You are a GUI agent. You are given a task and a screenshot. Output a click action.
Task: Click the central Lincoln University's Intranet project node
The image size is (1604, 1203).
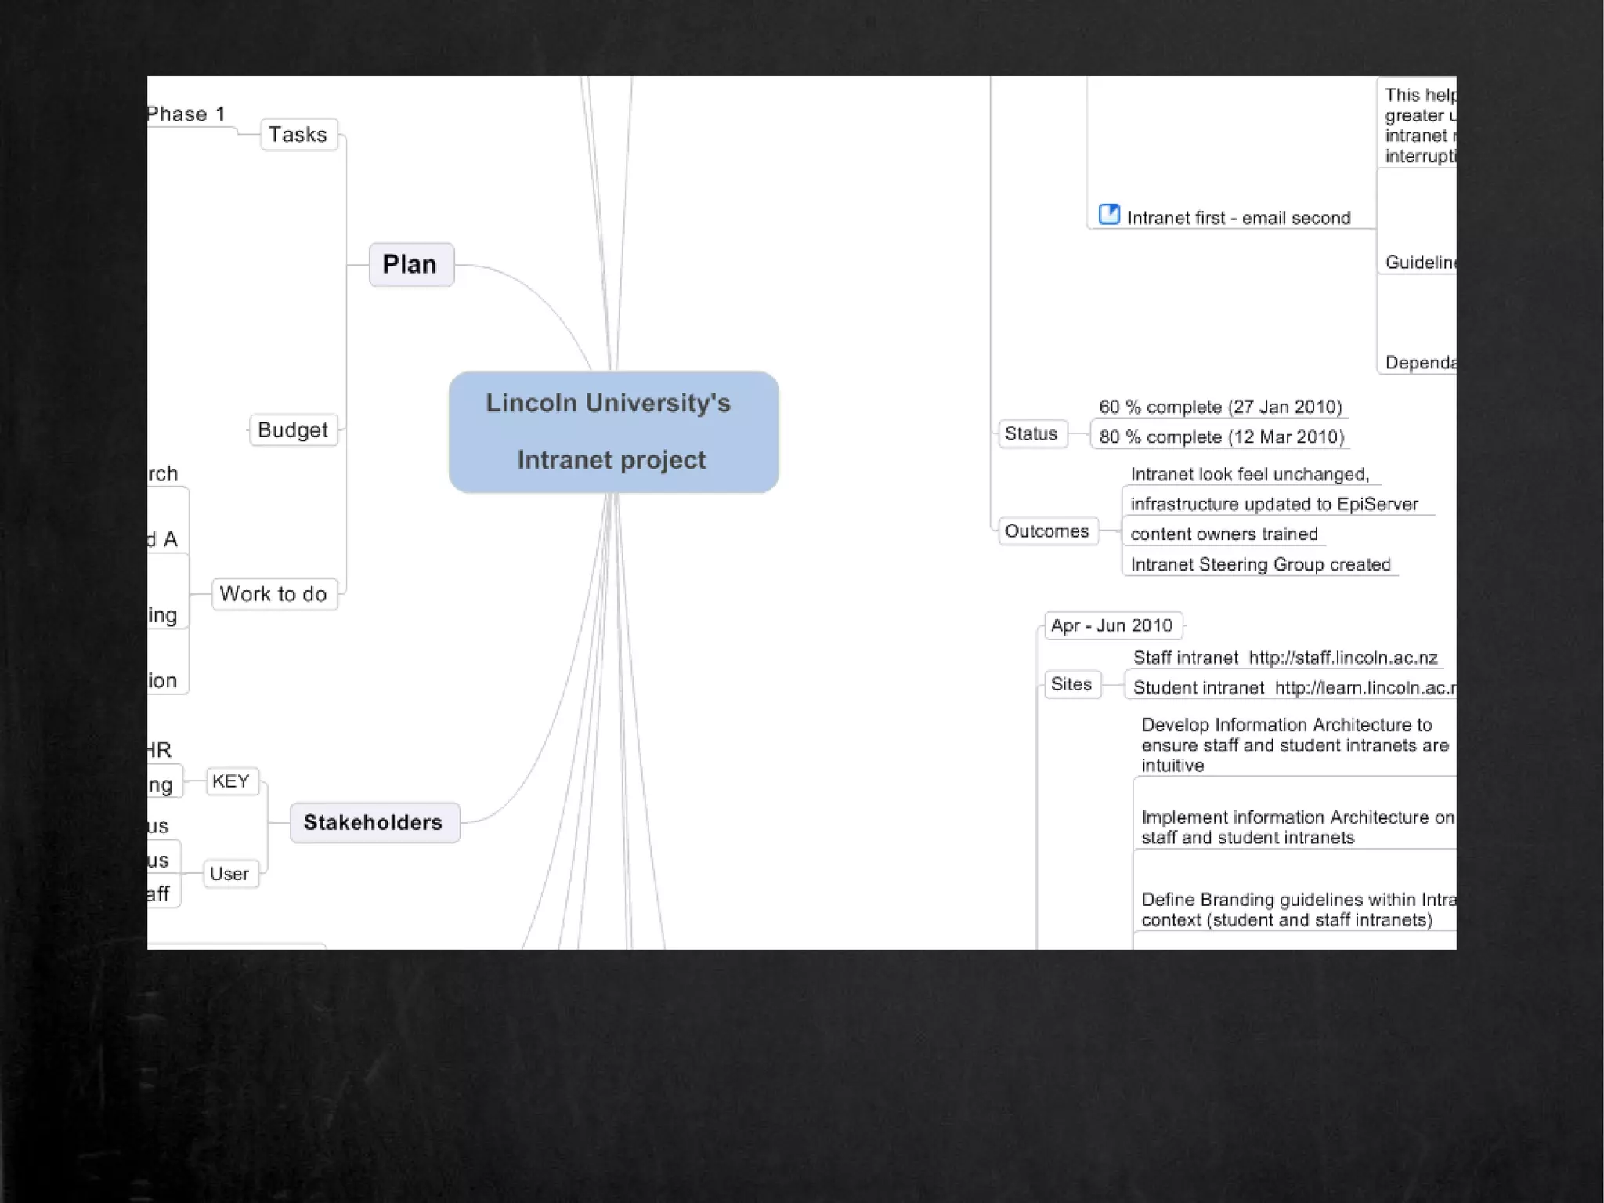(x=613, y=432)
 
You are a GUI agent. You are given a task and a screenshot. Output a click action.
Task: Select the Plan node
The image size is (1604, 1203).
(x=410, y=265)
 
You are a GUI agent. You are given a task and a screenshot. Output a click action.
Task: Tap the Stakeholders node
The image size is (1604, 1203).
(x=374, y=822)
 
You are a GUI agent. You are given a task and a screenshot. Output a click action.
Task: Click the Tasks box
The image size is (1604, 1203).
(x=298, y=135)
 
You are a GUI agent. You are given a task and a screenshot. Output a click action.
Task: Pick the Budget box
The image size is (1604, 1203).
(x=293, y=430)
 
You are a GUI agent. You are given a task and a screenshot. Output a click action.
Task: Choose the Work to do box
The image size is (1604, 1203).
(x=273, y=594)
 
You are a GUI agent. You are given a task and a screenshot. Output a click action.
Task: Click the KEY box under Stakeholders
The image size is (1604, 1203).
(x=231, y=781)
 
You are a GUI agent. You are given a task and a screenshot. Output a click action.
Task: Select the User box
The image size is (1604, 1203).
(x=229, y=874)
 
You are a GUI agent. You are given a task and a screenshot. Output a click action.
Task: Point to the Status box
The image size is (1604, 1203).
(x=1031, y=433)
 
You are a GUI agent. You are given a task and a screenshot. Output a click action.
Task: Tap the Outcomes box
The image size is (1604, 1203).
(x=1047, y=531)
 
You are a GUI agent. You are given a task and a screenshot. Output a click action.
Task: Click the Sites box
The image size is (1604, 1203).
(x=1071, y=684)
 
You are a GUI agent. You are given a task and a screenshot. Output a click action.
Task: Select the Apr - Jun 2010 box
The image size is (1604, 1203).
(x=1112, y=625)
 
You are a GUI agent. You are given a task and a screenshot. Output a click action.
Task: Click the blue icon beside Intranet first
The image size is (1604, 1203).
(x=1109, y=214)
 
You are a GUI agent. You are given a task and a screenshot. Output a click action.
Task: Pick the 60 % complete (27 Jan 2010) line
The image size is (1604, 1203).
(x=1220, y=408)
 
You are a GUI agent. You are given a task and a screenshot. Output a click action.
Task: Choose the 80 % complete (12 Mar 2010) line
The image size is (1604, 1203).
(x=1222, y=437)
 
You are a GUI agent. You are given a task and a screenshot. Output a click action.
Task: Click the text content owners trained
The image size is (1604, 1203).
(x=1224, y=534)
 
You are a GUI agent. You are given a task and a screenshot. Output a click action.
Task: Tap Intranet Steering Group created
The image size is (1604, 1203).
(x=1260, y=565)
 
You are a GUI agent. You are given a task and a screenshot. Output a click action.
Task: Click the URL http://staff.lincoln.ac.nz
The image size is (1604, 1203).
(x=1343, y=658)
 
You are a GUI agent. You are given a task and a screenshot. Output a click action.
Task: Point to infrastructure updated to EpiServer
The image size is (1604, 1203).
(x=1274, y=505)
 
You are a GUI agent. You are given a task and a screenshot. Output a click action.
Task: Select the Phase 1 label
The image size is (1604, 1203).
(x=186, y=114)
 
